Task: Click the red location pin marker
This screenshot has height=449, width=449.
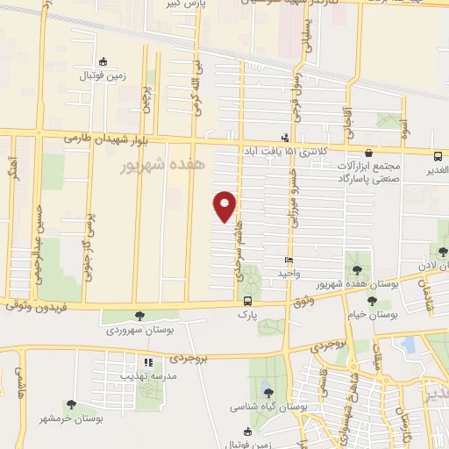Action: coord(225,205)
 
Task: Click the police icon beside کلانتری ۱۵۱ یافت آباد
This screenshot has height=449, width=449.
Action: coord(284,137)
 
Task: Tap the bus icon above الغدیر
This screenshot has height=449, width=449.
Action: coord(438,154)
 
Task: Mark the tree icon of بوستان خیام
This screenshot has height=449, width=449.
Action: coord(372,299)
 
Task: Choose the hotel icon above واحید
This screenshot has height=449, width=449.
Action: coord(289,260)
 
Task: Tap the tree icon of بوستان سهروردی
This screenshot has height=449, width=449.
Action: coord(139,316)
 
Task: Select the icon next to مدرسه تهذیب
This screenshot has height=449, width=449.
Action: coord(148,362)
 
